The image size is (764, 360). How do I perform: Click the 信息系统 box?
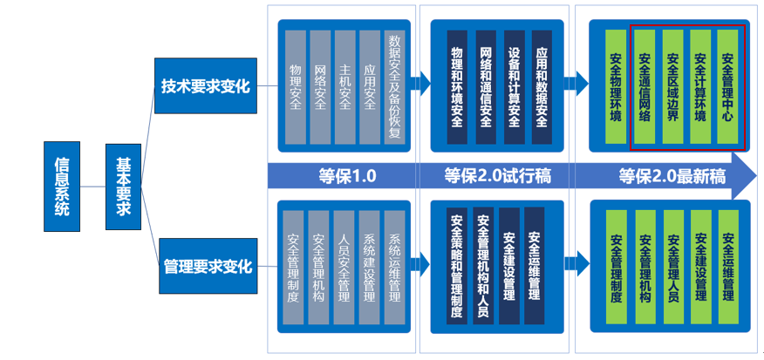[x=62, y=186]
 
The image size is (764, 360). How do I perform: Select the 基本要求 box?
[x=123, y=187]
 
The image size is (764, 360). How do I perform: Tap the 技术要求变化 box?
[x=206, y=85]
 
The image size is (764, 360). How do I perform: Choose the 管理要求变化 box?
[x=208, y=266]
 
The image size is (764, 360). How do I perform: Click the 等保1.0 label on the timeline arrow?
[x=347, y=176]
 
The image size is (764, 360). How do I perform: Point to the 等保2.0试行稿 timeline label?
[x=497, y=176]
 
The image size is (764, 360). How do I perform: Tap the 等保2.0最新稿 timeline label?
[x=672, y=176]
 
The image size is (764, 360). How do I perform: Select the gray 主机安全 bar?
[x=345, y=87]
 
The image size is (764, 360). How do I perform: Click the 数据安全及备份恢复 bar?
[x=395, y=87]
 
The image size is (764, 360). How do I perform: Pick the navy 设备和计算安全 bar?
[x=514, y=87]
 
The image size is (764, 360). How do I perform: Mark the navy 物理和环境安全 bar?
[x=457, y=87]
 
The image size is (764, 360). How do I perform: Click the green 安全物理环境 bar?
[x=616, y=86]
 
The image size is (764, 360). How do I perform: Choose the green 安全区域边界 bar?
[x=673, y=86]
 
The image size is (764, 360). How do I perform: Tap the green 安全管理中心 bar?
[x=728, y=86]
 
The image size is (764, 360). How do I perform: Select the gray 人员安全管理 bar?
[x=344, y=268]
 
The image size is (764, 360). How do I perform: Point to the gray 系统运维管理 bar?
[x=395, y=268]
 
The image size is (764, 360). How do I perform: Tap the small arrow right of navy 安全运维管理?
[x=577, y=263]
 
